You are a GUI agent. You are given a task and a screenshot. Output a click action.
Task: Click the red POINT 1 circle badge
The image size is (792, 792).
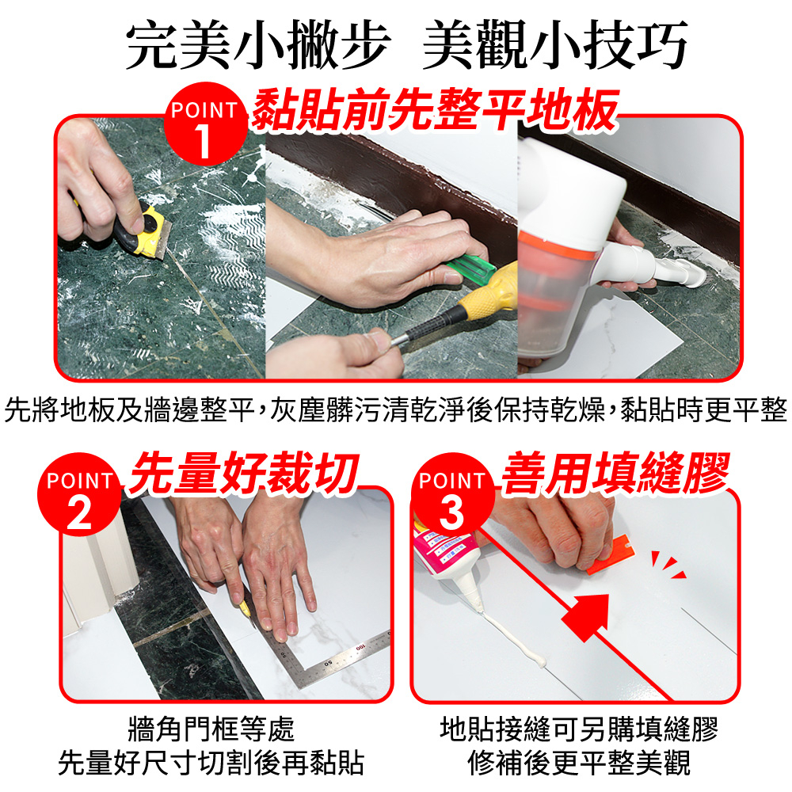tap(205, 124)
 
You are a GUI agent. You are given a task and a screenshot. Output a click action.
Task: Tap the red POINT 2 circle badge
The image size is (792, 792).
tap(79, 494)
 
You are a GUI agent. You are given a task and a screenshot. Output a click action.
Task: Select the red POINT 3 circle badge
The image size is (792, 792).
tap(452, 494)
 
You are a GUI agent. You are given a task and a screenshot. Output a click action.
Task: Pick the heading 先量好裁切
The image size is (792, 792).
tap(244, 474)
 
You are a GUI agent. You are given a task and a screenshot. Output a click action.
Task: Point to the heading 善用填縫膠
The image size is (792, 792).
tap(615, 474)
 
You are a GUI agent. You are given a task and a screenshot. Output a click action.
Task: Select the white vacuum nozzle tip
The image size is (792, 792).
tap(691, 273)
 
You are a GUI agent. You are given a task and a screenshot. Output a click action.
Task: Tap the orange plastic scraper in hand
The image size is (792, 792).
tap(608, 557)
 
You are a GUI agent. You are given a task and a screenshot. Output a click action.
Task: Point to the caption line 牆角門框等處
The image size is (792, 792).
tap(211, 729)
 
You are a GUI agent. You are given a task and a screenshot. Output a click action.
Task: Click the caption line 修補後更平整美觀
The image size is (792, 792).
tap(580, 763)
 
